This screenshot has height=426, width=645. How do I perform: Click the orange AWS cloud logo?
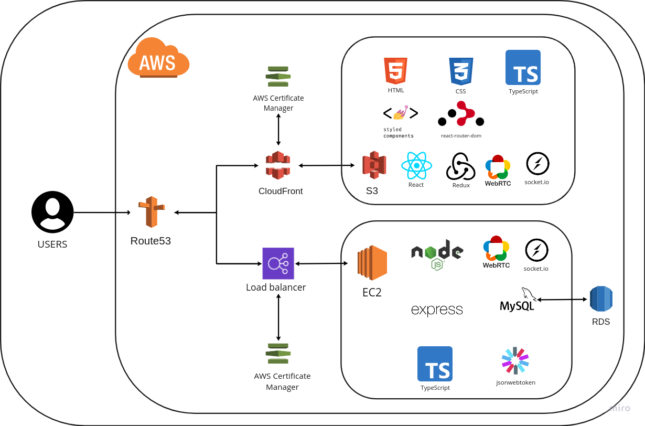(x=158, y=58)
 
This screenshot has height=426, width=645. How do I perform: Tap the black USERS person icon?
(x=52, y=212)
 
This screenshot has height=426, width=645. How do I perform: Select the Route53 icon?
(x=152, y=212)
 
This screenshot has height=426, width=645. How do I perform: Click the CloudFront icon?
(x=278, y=165)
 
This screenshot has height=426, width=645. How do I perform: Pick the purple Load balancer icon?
(x=278, y=263)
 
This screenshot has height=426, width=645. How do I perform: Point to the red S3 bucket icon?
(x=374, y=165)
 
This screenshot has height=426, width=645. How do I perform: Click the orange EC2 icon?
(x=372, y=263)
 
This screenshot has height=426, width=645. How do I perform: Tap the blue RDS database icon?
(x=601, y=299)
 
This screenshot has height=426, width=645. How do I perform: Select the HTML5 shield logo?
(x=396, y=71)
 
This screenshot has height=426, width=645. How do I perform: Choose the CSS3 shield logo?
(x=461, y=71)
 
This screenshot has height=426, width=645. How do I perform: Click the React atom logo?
(x=416, y=165)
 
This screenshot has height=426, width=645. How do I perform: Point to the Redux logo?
(x=460, y=166)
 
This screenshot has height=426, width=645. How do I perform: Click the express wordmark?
(x=437, y=310)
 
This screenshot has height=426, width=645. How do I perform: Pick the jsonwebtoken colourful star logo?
(x=515, y=361)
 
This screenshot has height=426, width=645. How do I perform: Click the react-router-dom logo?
(x=461, y=114)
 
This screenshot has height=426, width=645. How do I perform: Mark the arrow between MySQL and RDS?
(x=562, y=300)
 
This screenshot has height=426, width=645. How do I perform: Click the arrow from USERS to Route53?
(x=102, y=212)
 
